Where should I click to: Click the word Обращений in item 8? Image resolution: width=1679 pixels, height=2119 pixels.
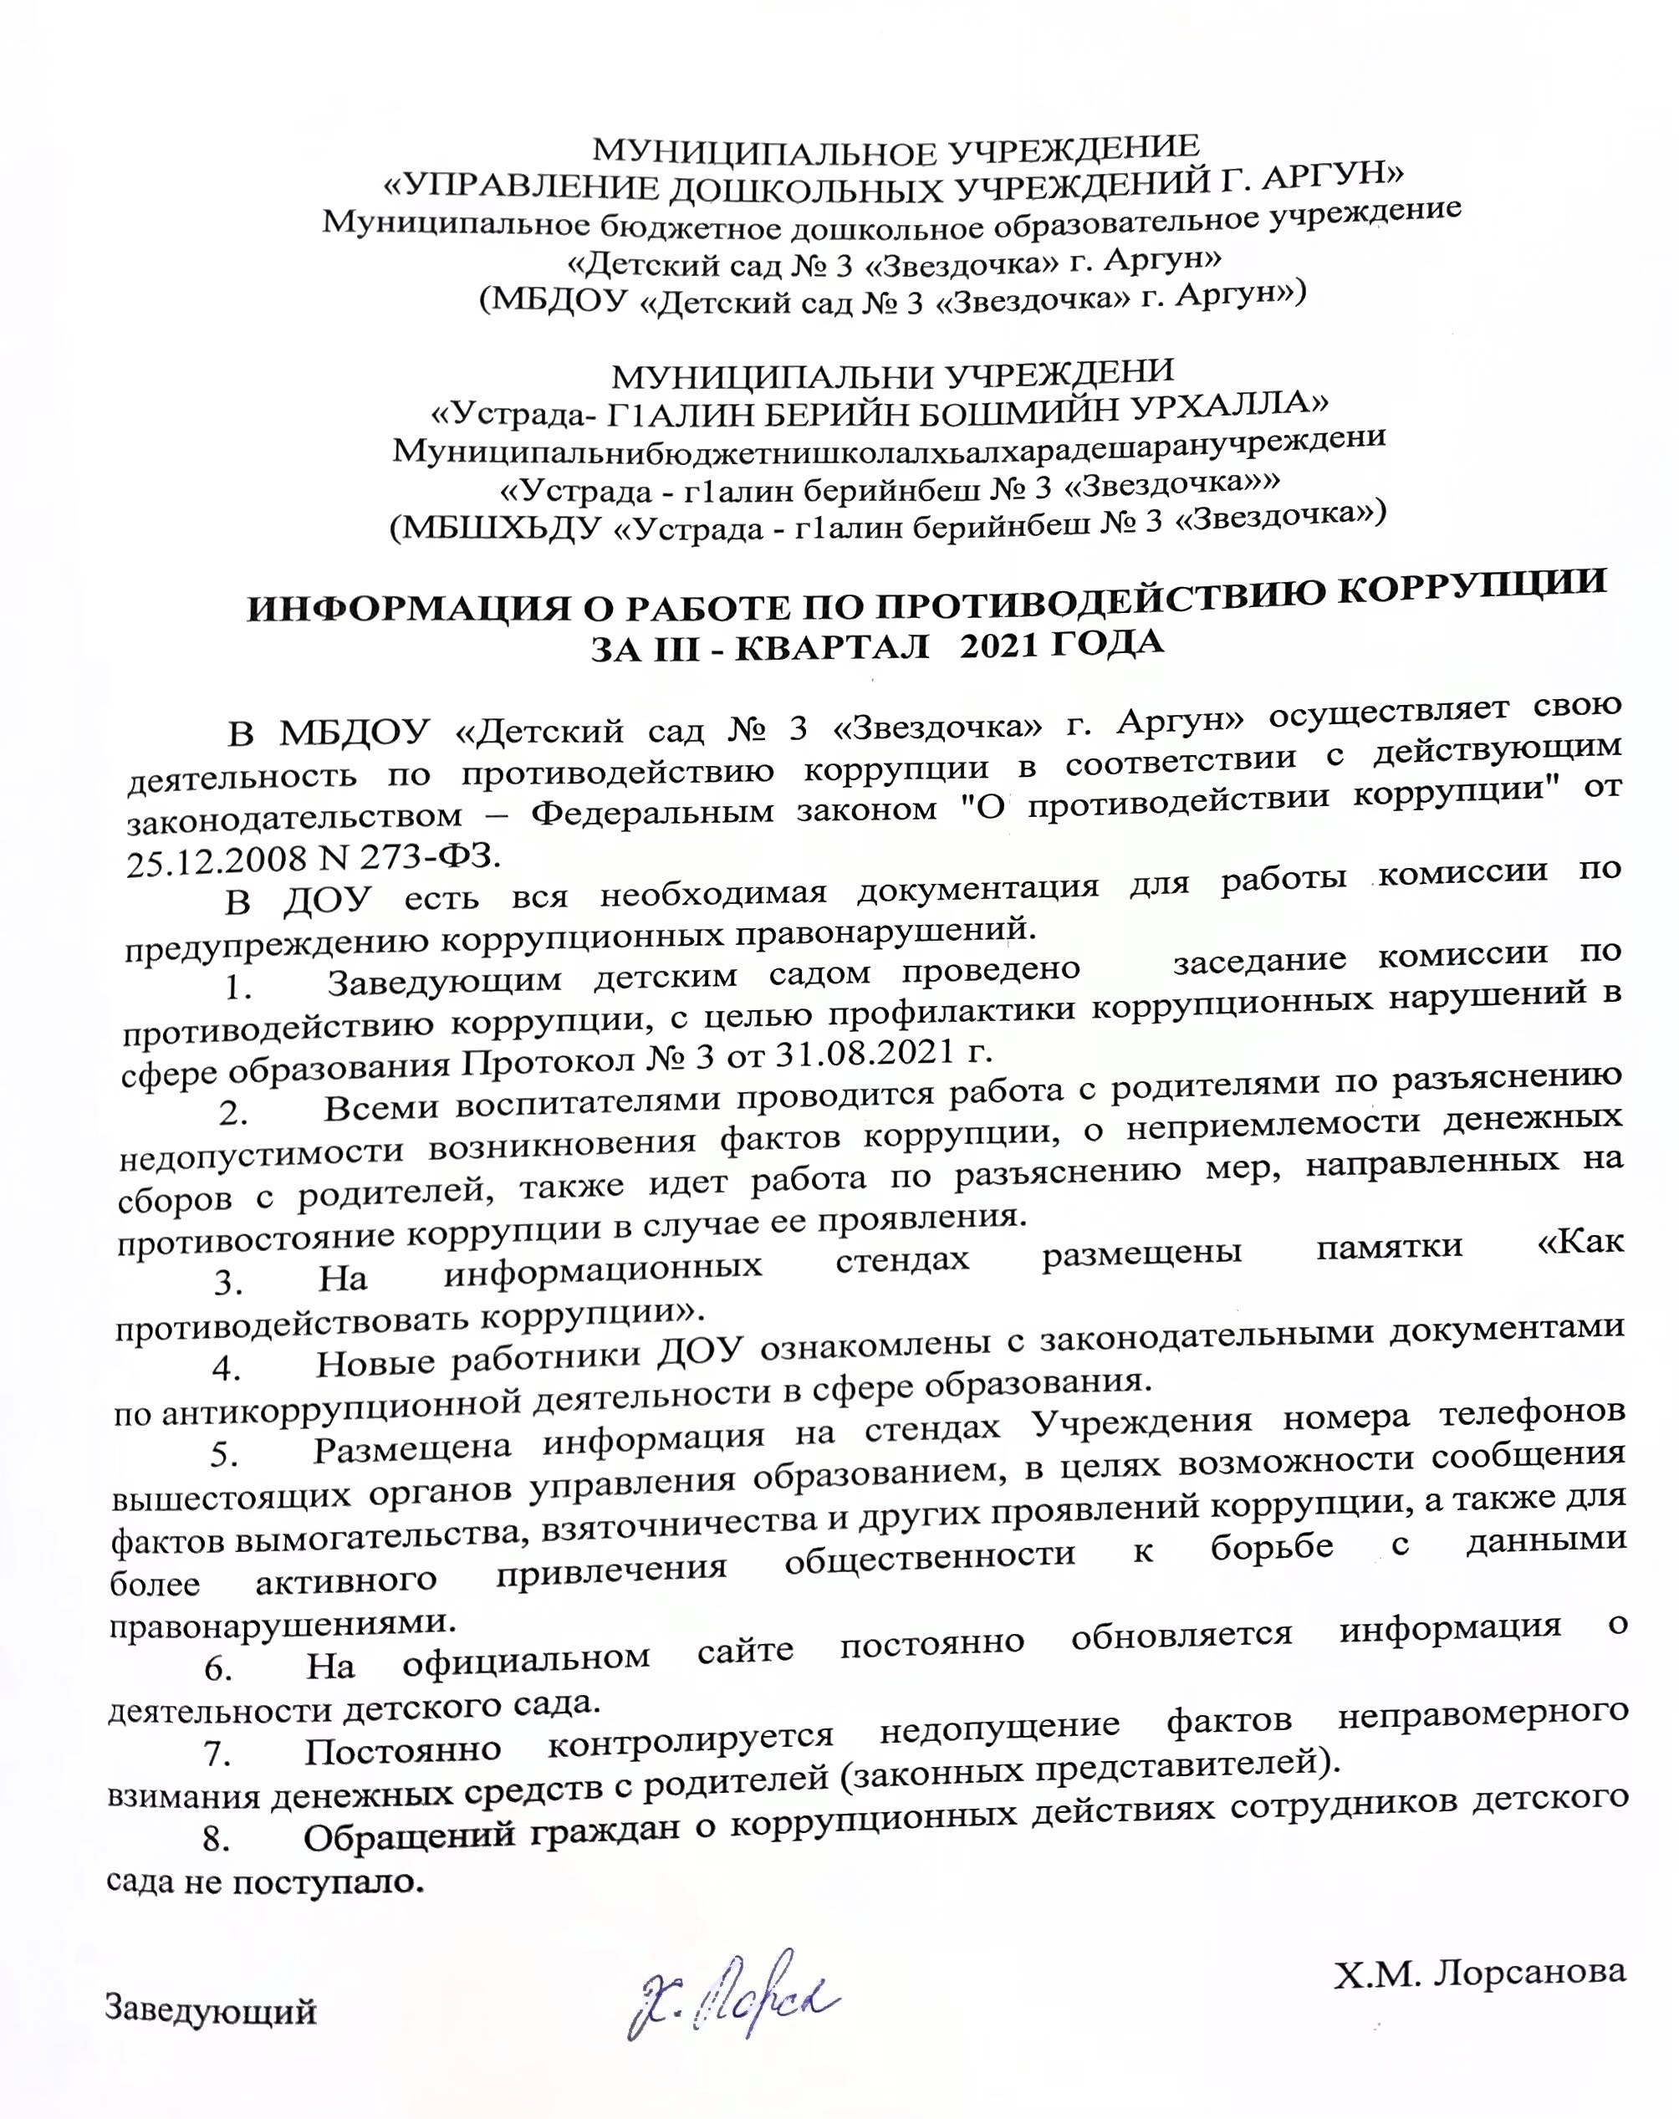pos(410,1834)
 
